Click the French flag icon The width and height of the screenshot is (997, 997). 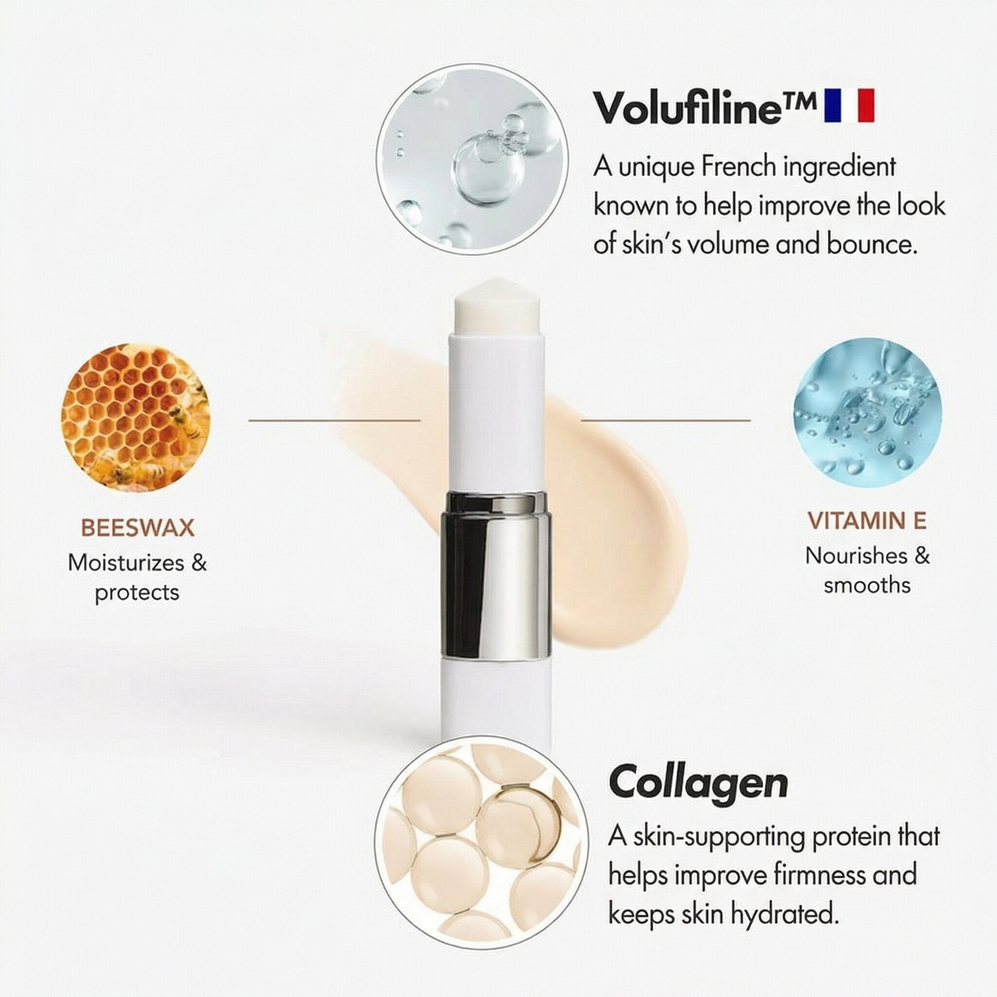pyautogui.click(x=849, y=105)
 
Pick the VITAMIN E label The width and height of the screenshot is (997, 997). pyautogui.click(x=867, y=521)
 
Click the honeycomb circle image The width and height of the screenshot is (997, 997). pyautogui.click(x=136, y=418)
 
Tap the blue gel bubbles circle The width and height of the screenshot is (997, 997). pyautogui.click(x=868, y=412)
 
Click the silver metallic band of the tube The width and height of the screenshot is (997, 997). pyautogui.click(x=496, y=576)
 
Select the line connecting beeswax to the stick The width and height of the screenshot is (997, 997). pyautogui.click(x=334, y=421)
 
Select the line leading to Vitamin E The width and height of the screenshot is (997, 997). pyautogui.click(x=665, y=421)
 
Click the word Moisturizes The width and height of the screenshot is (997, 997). pyautogui.click(x=126, y=562)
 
